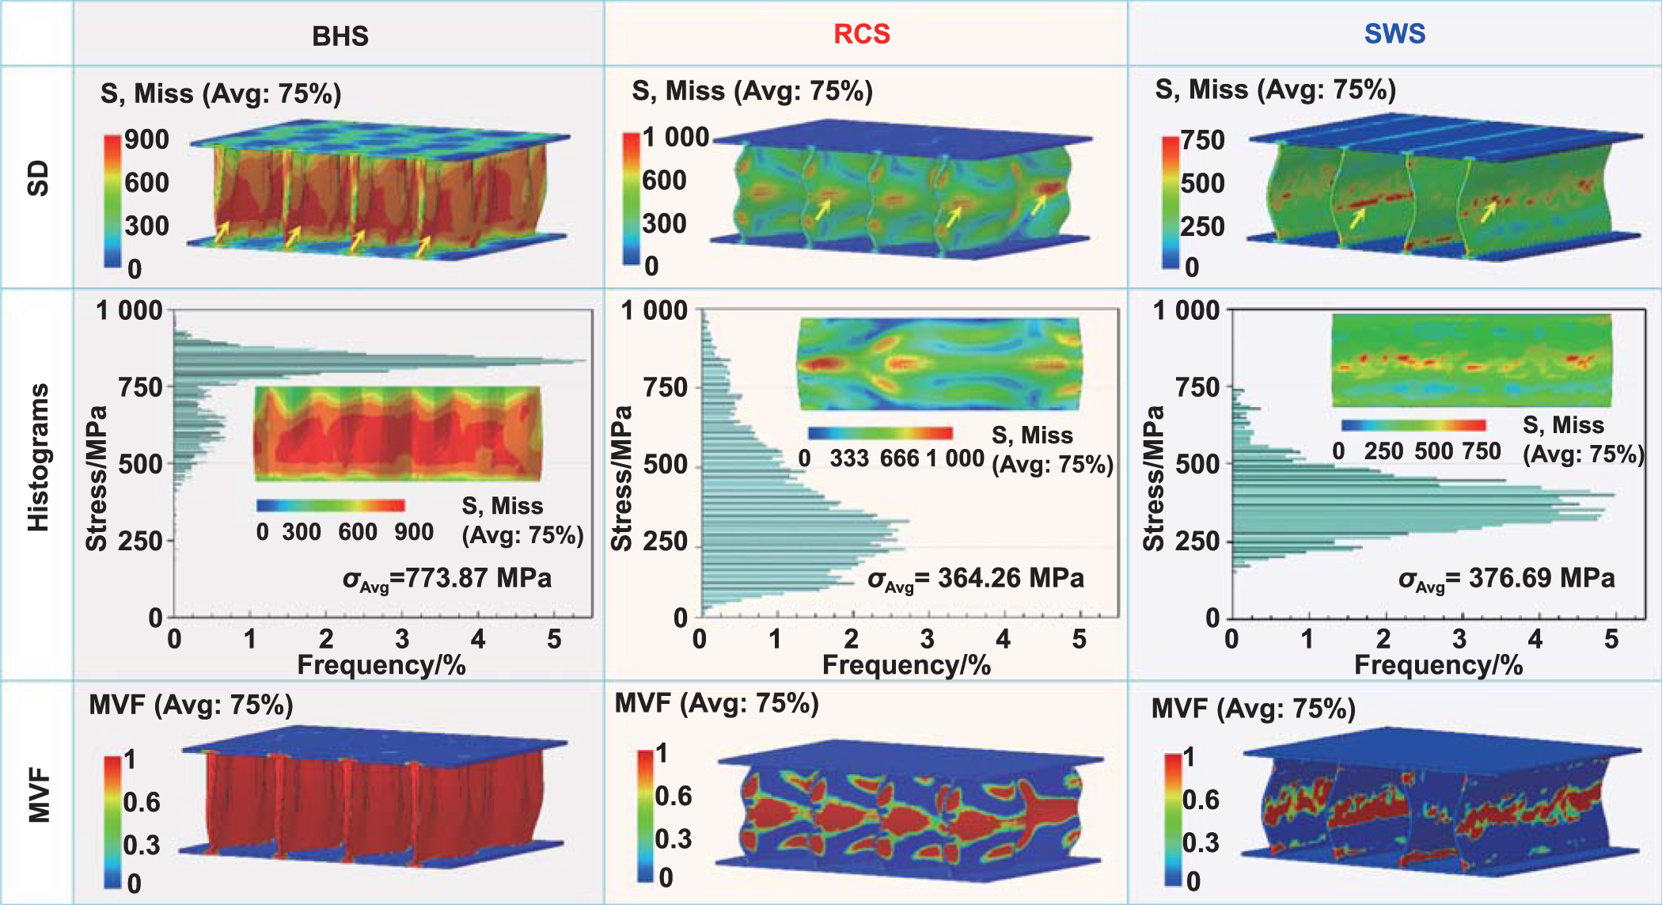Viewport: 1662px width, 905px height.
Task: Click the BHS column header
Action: coord(340,36)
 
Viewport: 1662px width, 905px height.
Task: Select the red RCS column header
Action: coord(861,34)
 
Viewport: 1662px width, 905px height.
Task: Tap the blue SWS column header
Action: coord(1394,33)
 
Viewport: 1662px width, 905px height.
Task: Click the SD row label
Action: coord(38,178)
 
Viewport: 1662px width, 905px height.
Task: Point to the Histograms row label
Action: coord(38,458)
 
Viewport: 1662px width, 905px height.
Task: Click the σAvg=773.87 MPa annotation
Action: coord(446,579)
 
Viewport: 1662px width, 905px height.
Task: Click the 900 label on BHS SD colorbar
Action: coord(146,139)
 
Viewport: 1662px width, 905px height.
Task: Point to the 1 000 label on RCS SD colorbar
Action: coord(675,137)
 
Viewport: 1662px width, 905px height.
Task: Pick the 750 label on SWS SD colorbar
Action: coord(1203,140)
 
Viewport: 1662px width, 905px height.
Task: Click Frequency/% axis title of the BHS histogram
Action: coord(381,665)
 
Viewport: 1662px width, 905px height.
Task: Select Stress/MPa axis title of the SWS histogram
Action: coord(1154,478)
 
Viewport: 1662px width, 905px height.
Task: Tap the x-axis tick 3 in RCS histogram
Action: coord(927,639)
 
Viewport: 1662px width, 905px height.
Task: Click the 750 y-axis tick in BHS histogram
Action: coord(140,388)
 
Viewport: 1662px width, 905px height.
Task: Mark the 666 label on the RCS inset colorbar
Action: coord(899,458)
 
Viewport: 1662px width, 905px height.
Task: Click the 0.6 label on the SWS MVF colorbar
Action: coord(1201,800)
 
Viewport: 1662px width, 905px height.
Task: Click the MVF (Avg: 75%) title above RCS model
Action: coord(716,703)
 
